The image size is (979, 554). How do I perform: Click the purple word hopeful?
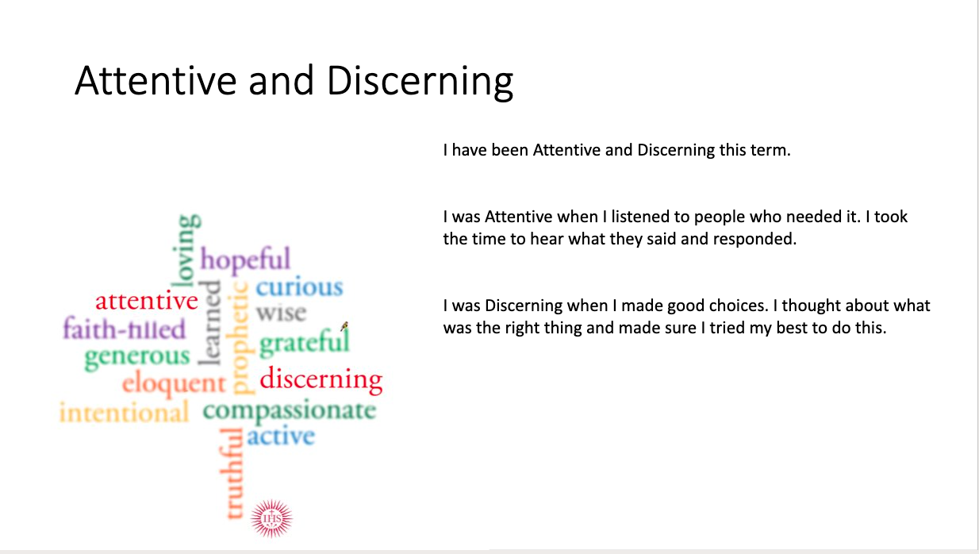pyautogui.click(x=245, y=260)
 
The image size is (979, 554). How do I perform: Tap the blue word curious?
pyautogui.click(x=299, y=287)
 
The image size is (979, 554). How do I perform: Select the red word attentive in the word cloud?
pyautogui.click(x=147, y=300)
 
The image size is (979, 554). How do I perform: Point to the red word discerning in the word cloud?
pyautogui.click(x=321, y=379)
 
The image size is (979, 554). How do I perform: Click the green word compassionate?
pyautogui.click(x=290, y=411)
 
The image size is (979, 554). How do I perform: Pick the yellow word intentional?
pyautogui.click(x=124, y=412)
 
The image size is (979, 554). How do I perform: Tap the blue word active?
pyautogui.click(x=281, y=436)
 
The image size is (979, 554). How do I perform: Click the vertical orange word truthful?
pyautogui.click(x=232, y=474)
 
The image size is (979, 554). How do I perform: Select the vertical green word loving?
pyautogui.click(x=186, y=251)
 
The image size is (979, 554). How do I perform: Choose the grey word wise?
pyautogui.click(x=282, y=313)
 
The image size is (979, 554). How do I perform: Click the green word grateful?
pyautogui.click(x=305, y=342)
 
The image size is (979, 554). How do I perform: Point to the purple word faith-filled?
pyautogui.click(x=125, y=328)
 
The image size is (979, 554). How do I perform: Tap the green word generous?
pyautogui.click(x=137, y=357)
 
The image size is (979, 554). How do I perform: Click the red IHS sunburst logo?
pyautogui.click(x=271, y=518)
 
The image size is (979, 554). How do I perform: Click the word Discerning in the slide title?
pyautogui.click(x=420, y=82)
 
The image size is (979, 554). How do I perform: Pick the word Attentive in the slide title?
pyautogui.click(x=155, y=80)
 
